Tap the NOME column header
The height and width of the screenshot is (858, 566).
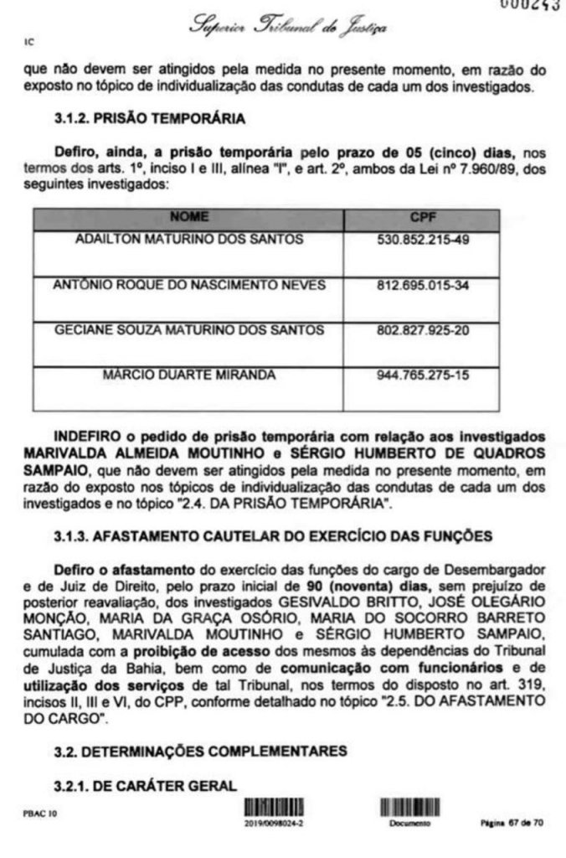(x=188, y=217)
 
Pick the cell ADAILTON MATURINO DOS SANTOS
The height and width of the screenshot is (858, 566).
(x=188, y=240)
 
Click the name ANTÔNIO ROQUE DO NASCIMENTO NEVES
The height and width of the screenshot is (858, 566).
(x=188, y=285)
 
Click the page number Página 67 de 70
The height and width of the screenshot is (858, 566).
(x=512, y=824)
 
